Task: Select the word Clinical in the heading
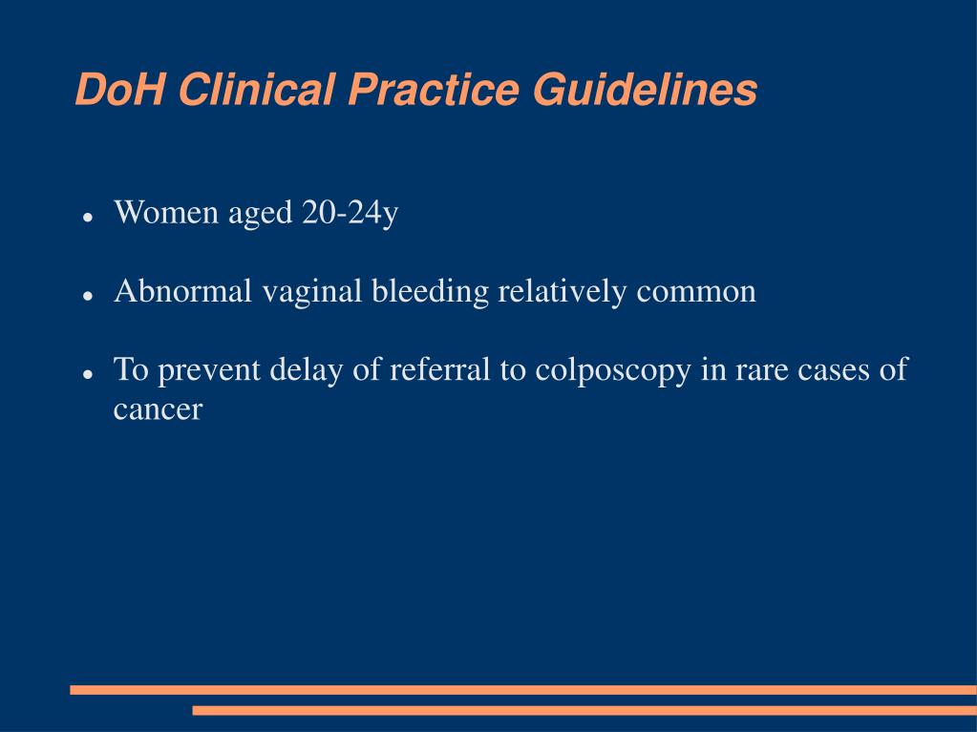255,91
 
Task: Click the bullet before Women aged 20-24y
87,217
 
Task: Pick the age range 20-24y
350,213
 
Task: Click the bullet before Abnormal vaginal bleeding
87,296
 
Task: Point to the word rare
760,370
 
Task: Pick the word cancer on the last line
159,409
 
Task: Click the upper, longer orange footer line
523,689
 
